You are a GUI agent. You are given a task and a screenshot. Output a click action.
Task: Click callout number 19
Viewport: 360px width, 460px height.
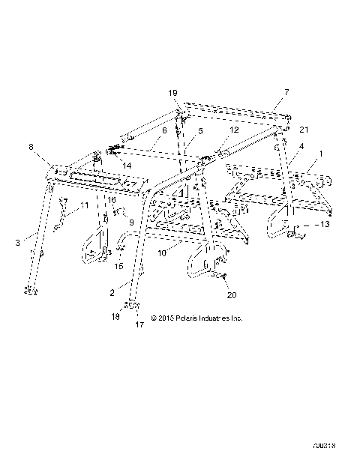tap(172, 93)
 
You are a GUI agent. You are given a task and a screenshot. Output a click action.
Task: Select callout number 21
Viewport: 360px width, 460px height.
tap(304, 130)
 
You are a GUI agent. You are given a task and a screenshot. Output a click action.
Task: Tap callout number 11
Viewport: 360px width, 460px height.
tap(84, 205)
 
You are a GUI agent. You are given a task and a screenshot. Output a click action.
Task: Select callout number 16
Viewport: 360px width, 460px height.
tap(110, 200)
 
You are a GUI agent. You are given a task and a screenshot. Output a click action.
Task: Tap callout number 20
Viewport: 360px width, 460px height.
tap(231, 294)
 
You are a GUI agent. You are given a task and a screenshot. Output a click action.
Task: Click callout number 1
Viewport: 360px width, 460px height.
tap(322, 154)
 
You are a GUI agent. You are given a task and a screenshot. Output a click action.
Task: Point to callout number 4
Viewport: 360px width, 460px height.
tap(301, 147)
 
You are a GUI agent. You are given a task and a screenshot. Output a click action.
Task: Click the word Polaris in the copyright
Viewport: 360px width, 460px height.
tap(189, 318)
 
